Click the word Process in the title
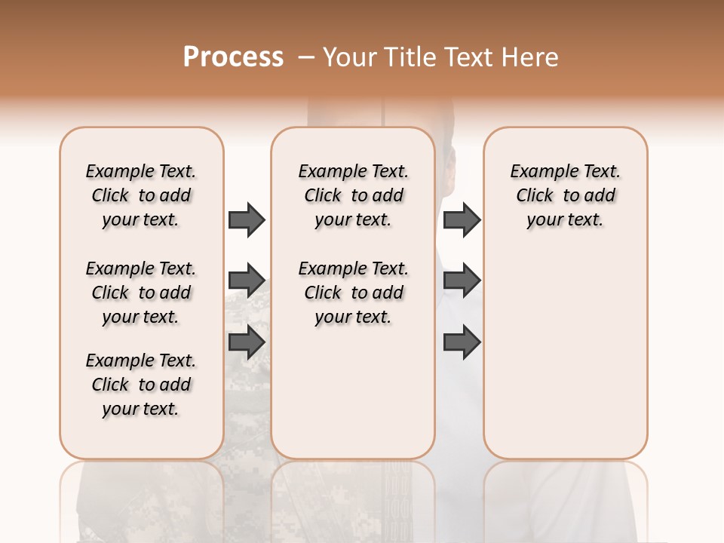click(x=233, y=57)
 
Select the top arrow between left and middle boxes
click(x=247, y=219)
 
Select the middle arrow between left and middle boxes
click(x=247, y=281)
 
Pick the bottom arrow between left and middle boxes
click(x=247, y=342)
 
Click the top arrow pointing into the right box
click(x=462, y=219)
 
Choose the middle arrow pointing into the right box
click(x=462, y=281)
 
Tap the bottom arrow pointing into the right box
click(x=462, y=342)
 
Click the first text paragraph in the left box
click(x=141, y=195)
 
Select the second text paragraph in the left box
click(x=141, y=293)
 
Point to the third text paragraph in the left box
click(x=141, y=385)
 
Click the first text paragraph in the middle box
click(x=353, y=195)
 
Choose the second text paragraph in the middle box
click(x=353, y=293)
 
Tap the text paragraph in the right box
click(x=566, y=195)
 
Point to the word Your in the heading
click(x=348, y=57)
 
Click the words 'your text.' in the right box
click(x=566, y=220)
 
